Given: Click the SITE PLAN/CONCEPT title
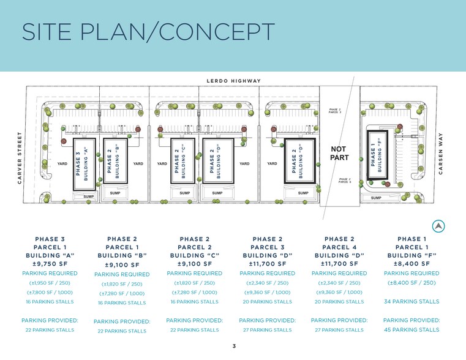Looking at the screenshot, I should (x=148, y=32).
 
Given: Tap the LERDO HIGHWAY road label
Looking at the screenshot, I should (x=233, y=81).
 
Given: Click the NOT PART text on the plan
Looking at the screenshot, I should (x=339, y=154).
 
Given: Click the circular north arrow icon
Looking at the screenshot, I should (x=438, y=227).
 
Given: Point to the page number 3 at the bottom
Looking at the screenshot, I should (x=234, y=347).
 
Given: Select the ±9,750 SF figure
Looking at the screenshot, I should (x=50, y=264).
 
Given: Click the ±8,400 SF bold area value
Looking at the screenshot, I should (x=412, y=264).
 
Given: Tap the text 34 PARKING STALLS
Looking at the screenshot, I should (x=412, y=301).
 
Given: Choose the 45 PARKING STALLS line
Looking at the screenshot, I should (x=412, y=330).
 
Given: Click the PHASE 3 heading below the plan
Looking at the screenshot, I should (x=50, y=239).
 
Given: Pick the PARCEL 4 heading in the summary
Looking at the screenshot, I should (x=339, y=247).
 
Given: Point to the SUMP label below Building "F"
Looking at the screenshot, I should (x=376, y=198).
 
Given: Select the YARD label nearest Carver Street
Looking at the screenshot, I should (x=62, y=164).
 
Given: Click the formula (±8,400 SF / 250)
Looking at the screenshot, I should (x=412, y=283).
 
